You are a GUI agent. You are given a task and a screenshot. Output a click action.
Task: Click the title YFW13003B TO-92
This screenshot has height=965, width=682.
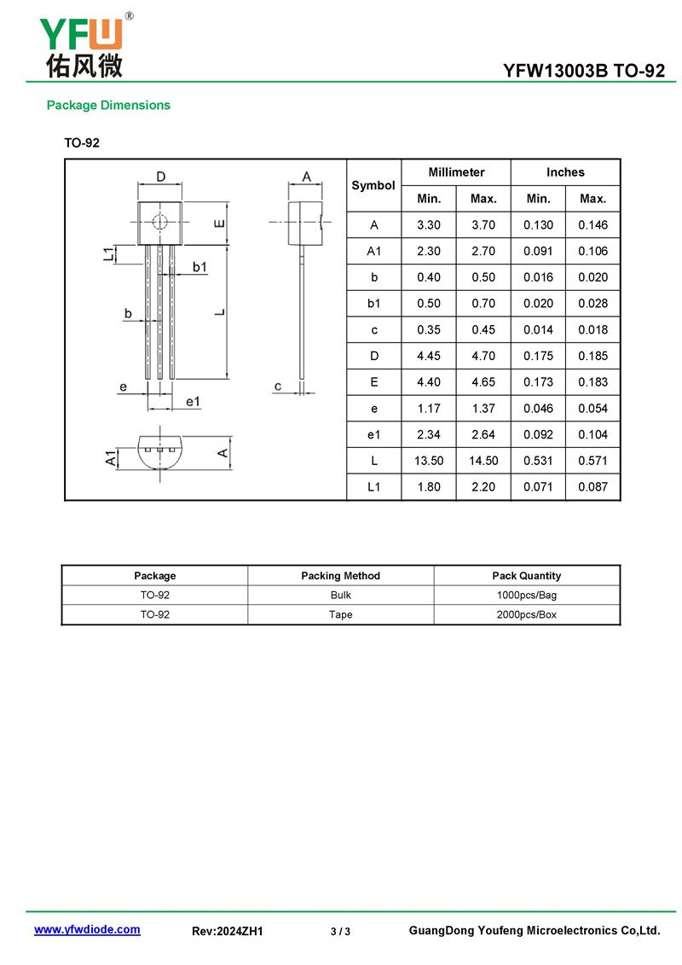point(583,72)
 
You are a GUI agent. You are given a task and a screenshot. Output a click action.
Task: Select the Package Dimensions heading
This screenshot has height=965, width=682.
point(108,106)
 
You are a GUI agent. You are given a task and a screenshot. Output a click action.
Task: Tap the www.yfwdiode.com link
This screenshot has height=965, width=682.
point(87,930)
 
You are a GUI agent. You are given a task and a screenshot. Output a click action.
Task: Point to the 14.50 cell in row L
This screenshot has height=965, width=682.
point(483,461)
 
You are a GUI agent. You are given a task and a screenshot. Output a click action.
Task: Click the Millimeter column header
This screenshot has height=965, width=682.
point(456,172)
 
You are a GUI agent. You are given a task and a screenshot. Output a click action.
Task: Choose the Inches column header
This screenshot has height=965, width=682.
point(565,172)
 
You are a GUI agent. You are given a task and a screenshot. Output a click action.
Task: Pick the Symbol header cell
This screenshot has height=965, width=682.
point(373,185)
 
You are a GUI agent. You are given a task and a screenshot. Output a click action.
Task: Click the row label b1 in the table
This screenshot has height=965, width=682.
point(373,304)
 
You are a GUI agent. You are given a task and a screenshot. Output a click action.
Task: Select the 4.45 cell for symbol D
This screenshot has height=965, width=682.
point(429,356)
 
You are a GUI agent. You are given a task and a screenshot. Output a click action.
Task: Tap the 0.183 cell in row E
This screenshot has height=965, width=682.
point(592,382)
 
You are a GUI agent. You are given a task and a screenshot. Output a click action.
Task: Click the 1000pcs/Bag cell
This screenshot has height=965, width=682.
point(527,595)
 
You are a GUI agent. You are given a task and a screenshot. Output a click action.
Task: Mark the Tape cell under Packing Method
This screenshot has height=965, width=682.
point(340,614)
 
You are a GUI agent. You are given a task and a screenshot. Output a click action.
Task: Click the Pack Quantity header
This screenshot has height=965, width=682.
point(527,576)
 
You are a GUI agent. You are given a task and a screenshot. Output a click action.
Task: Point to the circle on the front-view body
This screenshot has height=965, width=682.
point(159,223)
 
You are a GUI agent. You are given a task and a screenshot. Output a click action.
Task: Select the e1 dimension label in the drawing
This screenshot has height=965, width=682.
point(193,401)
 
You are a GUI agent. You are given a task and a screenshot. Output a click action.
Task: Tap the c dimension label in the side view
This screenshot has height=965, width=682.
point(278,387)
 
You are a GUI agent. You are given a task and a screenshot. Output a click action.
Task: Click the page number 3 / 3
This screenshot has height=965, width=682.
point(340,932)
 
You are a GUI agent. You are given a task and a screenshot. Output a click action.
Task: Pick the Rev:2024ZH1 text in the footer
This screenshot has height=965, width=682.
point(228,932)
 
